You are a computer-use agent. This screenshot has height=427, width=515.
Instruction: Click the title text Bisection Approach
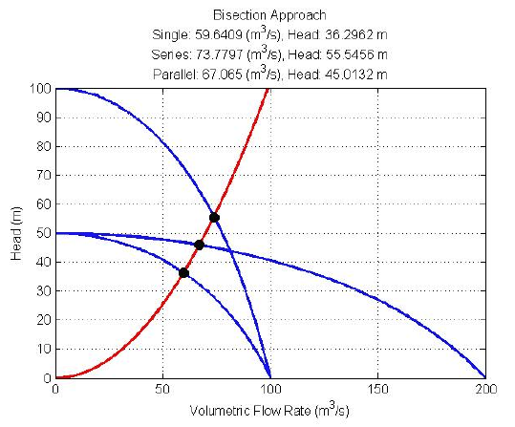pos(270,15)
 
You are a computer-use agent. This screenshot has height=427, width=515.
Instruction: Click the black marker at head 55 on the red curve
pos(214,218)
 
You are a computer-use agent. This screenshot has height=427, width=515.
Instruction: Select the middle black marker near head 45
pos(199,245)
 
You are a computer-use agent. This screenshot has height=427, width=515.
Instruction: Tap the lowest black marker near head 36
pos(183,273)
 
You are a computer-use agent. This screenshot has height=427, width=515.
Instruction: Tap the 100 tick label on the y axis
pos(39,89)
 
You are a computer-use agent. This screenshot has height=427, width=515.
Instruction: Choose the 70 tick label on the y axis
pos(42,176)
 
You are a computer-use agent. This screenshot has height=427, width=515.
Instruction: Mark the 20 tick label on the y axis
pos(42,320)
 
